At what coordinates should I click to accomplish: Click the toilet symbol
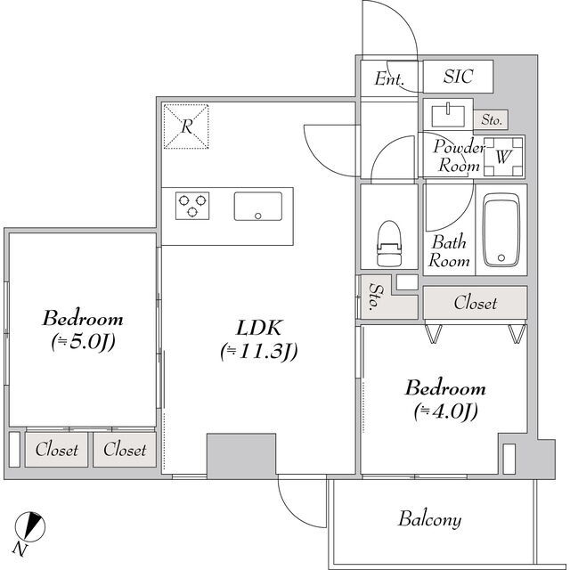click(389, 243)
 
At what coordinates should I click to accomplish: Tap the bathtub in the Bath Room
click(501, 230)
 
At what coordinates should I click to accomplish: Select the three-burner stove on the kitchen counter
click(192, 206)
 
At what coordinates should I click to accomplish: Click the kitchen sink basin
click(258, 206)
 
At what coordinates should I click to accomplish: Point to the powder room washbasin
click(448, 116)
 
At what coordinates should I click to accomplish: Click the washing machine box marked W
click(504, 157)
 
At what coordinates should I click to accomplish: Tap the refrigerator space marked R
click(186, 126)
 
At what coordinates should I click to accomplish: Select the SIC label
click(458, 77)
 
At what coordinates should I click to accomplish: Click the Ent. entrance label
click(389, 78)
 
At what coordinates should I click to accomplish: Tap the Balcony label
click(430, 519)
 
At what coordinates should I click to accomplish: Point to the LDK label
click(258, 328)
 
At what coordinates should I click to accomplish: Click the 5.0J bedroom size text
click(83, 342)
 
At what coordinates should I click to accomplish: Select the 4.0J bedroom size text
click(445, 411)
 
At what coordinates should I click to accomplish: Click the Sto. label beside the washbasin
click(492, 119)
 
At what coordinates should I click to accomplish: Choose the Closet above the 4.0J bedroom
click(475, 303)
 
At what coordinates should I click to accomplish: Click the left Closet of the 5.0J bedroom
click(56, 450)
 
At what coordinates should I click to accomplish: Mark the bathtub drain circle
click(501, 257)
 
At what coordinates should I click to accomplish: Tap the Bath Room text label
click(449, 251)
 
